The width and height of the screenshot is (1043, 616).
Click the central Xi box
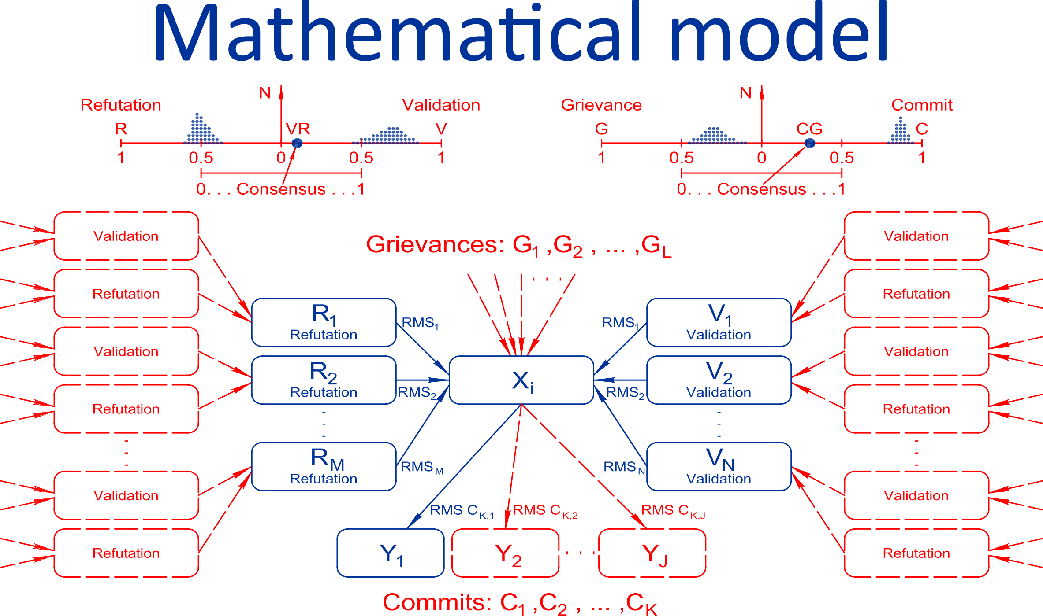coord(521,380)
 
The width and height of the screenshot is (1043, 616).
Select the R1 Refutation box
coord(324,322)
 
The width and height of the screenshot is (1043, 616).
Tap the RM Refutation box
coord(324,466)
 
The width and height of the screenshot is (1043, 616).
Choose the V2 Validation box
coord(719,380)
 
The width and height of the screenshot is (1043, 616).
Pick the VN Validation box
coord(719,466)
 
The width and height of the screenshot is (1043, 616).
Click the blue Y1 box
coord(391,553)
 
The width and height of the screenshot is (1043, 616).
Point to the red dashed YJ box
coord(652,553)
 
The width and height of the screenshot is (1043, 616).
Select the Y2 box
coord(506,553)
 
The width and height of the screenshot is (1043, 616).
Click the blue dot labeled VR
coord(297,143)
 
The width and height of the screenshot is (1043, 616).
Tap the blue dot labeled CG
coord(810,143)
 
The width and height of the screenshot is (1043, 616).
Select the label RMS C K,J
coord(673,511)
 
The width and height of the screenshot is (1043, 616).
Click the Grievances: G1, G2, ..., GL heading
coord(518,245)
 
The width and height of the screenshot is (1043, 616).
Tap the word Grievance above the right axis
coord(601,105)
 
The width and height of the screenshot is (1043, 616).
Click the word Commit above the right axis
coord(922,105)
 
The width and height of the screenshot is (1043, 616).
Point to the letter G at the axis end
coord(601,129)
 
